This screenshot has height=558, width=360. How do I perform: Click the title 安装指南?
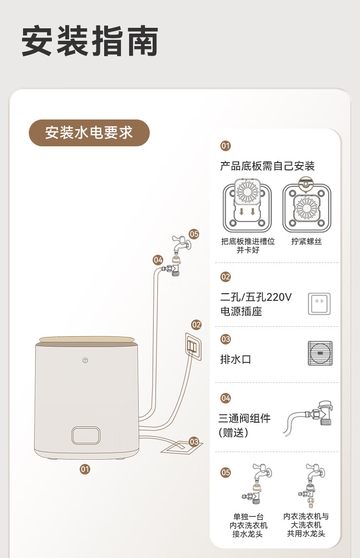90,41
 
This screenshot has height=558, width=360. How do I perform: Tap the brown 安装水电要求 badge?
89,133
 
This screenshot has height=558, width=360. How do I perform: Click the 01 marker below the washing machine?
85,469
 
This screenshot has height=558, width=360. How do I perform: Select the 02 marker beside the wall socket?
196,325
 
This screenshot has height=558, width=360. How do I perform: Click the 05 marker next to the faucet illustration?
194,234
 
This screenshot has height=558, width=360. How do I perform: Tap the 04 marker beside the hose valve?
158,260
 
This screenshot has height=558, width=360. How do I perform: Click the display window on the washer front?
86,436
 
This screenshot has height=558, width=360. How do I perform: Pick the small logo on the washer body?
85,360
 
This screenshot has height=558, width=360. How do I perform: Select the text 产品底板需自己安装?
267,166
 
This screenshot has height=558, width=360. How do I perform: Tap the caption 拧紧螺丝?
307,241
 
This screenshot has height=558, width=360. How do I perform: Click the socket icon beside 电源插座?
319,304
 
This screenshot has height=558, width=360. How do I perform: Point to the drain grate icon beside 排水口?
320,353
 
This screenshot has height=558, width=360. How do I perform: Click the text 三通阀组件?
245,418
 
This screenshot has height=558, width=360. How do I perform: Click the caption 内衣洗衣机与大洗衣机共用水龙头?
306,525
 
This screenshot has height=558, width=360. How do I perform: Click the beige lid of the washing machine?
86,340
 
